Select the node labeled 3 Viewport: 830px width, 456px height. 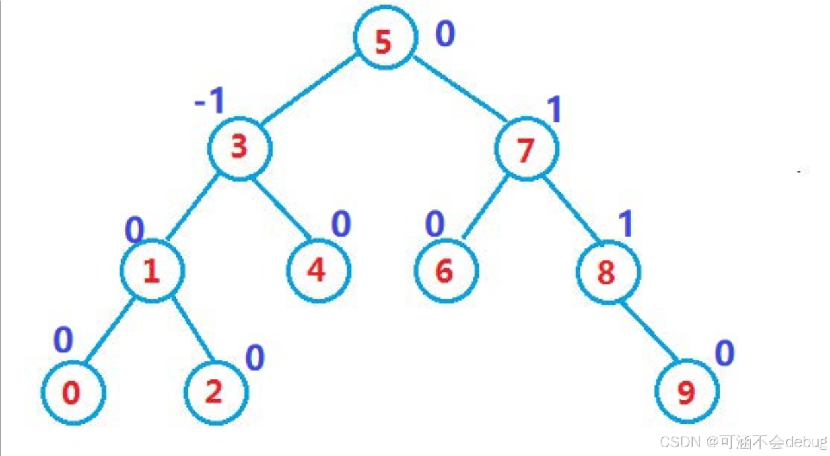[240, 147]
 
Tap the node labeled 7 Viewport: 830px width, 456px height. [526, 150]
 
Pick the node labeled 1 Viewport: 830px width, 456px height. [153, 272]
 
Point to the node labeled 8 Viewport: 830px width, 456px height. [607, 272]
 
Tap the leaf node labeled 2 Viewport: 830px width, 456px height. [214, 392]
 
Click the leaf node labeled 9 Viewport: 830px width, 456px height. [687, 393]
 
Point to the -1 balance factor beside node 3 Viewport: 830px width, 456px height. [210, 102]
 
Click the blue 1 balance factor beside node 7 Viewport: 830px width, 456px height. [555, 110]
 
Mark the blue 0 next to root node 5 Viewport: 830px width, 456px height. [445, 34]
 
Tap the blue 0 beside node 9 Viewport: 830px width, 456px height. [724, 354]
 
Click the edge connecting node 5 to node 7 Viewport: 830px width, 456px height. [460, 89]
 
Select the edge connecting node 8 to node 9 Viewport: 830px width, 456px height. [648, 333]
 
